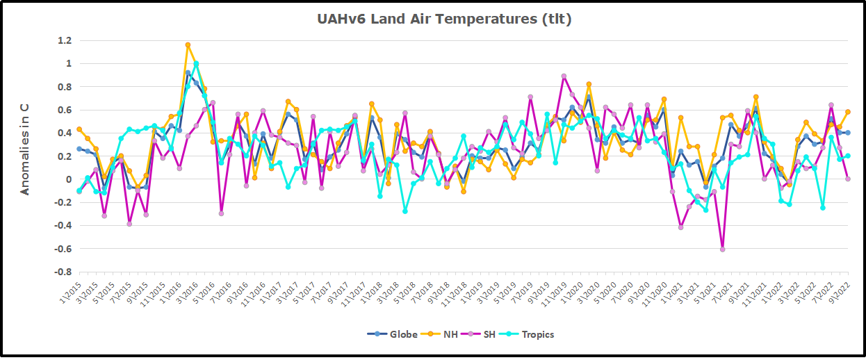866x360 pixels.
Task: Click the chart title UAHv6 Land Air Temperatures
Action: (444, 19)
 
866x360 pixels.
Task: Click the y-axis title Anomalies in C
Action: (24, 149)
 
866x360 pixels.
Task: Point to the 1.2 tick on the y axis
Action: (64, 41)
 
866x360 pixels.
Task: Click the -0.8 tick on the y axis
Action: (62, 272)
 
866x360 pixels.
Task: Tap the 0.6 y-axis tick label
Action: (64, 111)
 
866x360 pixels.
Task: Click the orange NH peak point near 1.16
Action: (188, 45)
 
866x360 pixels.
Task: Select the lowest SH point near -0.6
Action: (722, 249)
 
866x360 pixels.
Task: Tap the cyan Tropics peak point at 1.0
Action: (196, 64)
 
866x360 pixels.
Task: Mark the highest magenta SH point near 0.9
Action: (564, 76)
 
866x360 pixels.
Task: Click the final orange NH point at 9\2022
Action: (848, 112)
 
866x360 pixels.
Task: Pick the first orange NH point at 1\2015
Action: (79, 129)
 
